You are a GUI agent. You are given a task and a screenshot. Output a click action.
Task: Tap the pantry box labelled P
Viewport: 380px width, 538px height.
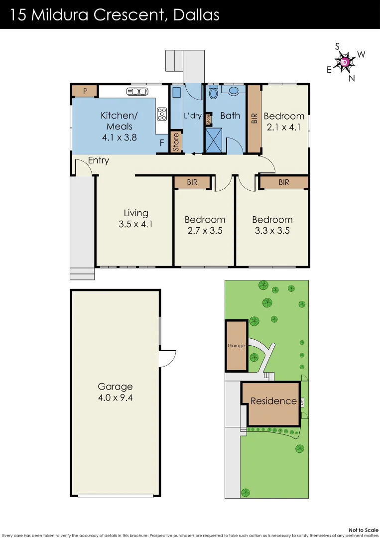85,91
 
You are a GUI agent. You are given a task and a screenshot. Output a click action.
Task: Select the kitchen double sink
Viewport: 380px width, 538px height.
137,91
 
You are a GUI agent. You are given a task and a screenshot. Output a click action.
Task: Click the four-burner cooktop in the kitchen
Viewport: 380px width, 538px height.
161,114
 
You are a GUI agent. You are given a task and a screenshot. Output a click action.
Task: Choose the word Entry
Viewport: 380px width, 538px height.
99,160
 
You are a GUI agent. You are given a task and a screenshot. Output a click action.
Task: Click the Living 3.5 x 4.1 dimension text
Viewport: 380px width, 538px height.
135,224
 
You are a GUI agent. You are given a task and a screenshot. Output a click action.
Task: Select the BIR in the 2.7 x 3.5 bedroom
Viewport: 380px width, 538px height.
192,182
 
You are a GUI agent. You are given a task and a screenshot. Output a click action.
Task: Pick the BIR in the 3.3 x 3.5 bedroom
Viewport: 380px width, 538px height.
284,182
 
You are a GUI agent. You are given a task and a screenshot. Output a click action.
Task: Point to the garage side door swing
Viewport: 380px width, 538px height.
168,358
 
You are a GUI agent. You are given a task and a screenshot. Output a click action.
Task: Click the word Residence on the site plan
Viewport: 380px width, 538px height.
273,401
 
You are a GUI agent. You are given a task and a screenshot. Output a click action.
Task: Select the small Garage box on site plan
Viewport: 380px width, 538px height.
237,346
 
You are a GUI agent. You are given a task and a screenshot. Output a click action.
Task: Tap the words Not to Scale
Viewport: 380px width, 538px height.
364,530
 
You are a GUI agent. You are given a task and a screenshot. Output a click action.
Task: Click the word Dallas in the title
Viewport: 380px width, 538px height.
197,15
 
